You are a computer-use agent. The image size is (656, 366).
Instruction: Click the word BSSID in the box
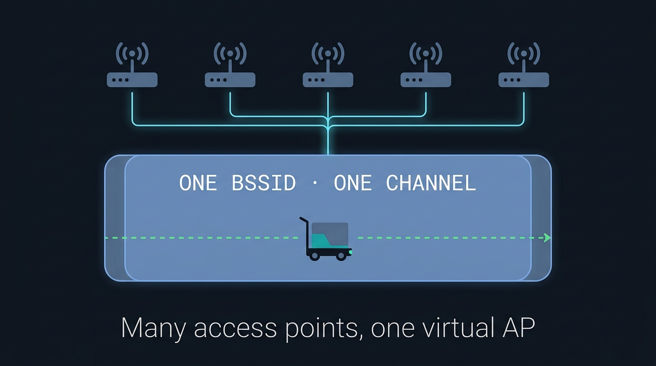(x=264, y=183)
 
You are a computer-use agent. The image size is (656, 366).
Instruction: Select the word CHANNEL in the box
(x=431, y=183)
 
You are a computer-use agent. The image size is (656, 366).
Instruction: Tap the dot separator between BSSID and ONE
(x=315, y=183)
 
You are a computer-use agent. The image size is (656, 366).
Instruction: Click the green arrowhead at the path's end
(x=547, y=238)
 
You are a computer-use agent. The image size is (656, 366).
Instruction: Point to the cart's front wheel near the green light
(x=341, y=256)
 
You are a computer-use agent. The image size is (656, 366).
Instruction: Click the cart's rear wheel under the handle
(x=315, y=256)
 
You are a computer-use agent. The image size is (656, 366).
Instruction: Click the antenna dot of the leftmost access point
(x=132, y=53)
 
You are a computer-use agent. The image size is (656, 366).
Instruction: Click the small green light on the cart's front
(x=350, y=252)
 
